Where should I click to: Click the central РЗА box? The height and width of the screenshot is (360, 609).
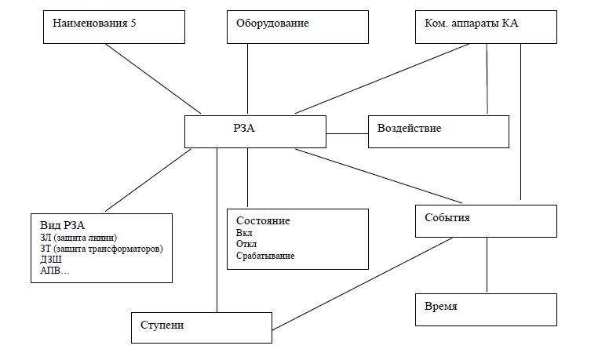tap(256, 131)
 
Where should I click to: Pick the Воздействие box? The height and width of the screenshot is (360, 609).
tap(439, 131)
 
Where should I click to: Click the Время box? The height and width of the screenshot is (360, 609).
tap(486, 309)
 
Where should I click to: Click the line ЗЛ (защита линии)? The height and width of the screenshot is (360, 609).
tap(83, 238)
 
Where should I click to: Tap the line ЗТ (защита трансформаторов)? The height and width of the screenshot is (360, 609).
tap(101, 249)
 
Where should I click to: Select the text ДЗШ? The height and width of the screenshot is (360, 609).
tap(51, 260)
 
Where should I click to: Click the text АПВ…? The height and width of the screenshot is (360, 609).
tap(54, 271)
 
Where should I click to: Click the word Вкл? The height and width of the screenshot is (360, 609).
tap(243, 233)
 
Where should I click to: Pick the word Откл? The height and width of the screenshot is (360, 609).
tap(246, 244)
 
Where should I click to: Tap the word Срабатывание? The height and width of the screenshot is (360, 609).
tap(265, 256)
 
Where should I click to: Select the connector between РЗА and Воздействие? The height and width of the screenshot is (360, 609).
tap(347, 133)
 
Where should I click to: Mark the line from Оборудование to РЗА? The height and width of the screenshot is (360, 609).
tap(248, 78)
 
